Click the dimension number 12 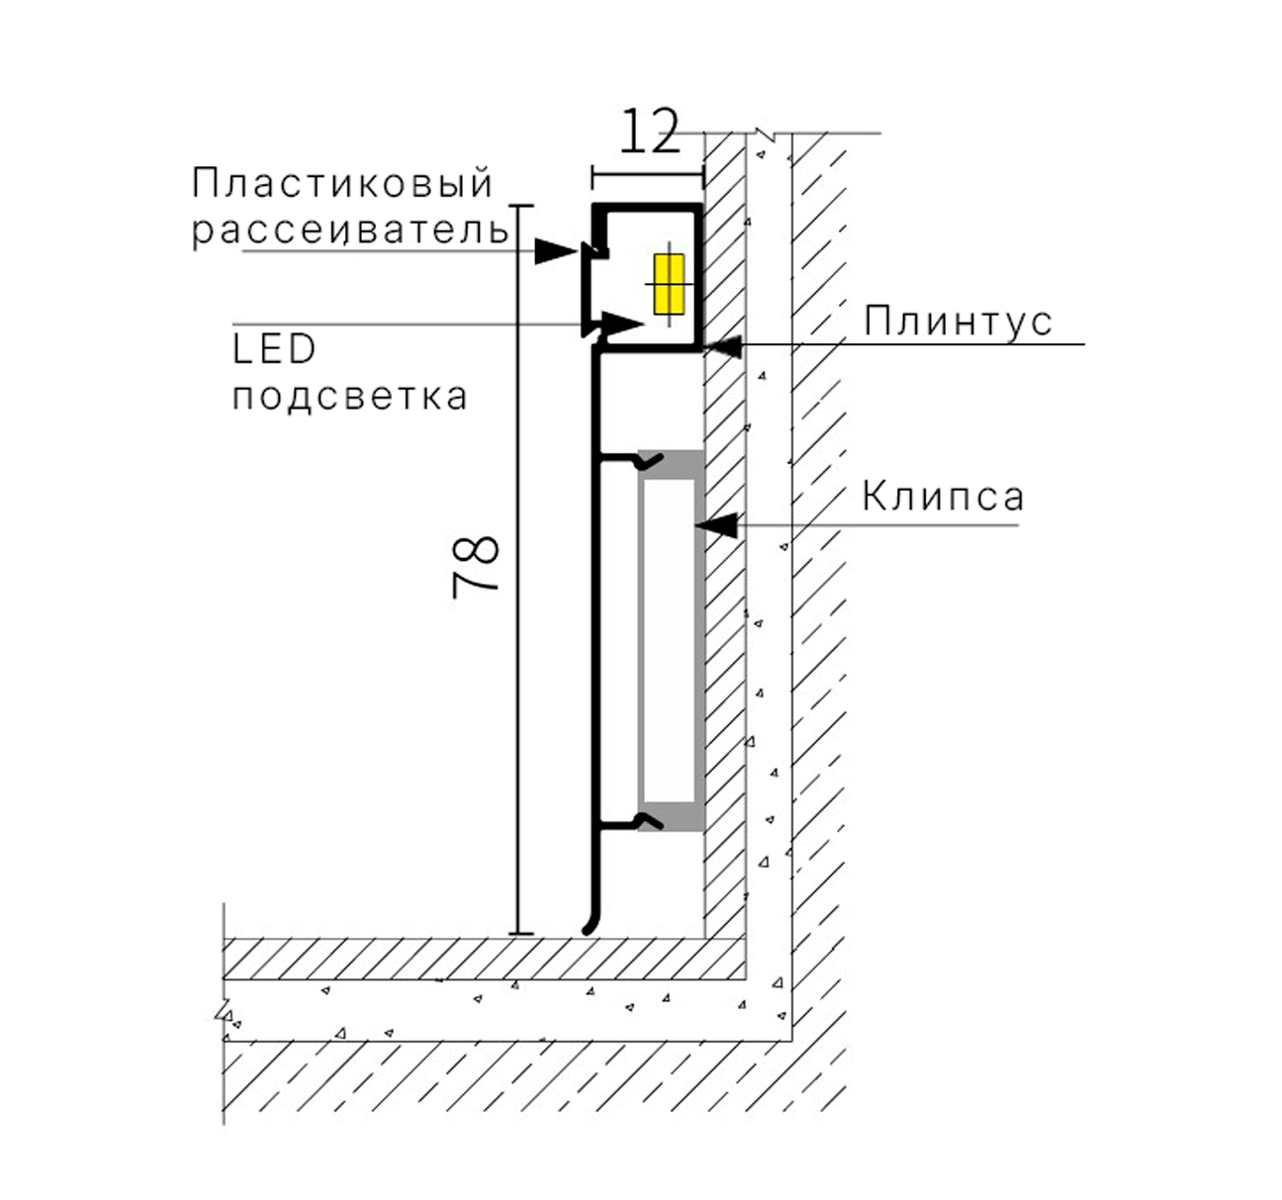point(650,132)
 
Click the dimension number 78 point(476,567)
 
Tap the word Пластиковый point(343,183)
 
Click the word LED point(274,349)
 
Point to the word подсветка point(350,396)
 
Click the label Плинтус point(958,322)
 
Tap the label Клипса point(943,497)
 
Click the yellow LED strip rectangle point(669,284)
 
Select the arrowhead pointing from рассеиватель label point(556,250)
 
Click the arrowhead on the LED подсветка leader point(623,323)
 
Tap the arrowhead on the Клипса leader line point(716,525)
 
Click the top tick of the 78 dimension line point(521,206)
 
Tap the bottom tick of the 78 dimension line point(521,934)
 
